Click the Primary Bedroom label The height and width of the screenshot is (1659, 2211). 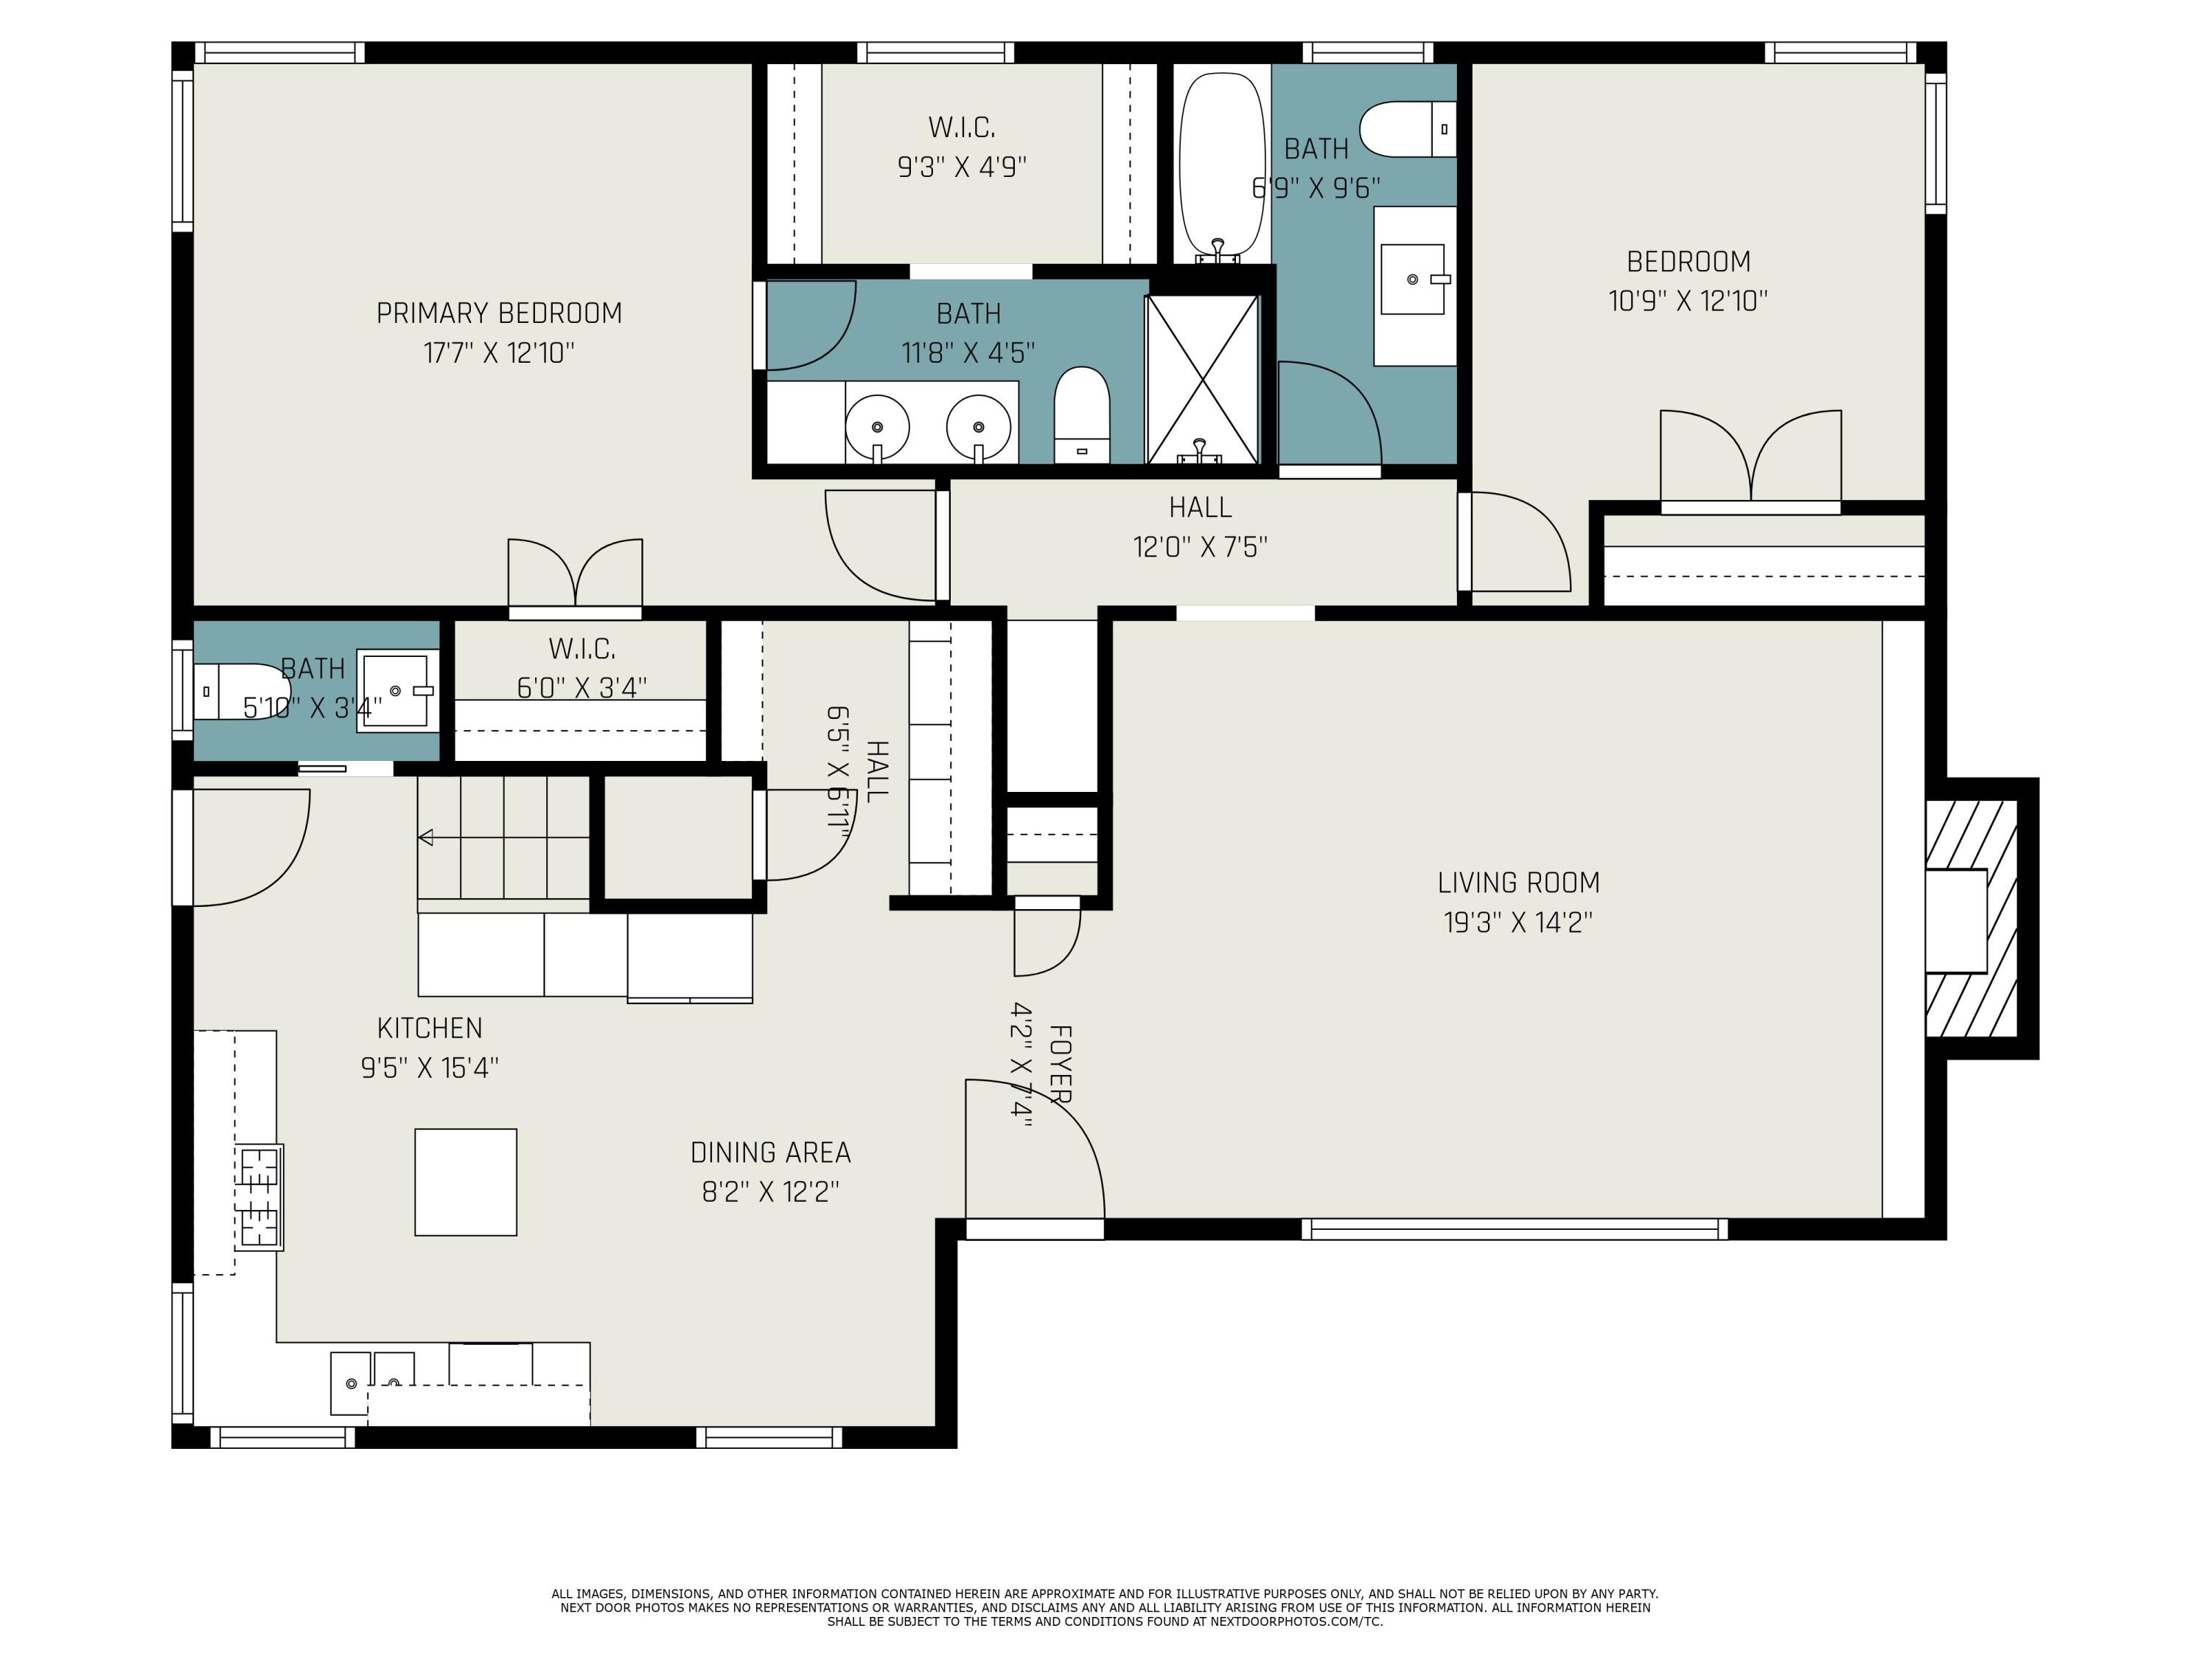coord(499,313)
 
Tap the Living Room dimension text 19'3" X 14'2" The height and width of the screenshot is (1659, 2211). coord(1517,922)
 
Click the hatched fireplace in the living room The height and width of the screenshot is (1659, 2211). coord(1971,918)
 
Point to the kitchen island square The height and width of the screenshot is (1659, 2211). coord(466,1182)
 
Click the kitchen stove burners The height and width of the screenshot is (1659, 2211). coord(259,1197)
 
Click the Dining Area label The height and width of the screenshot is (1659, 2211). coord(771,1153)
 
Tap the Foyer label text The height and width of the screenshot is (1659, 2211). coord(1061,1064)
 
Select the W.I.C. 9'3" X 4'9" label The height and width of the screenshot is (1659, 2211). coord(962,147)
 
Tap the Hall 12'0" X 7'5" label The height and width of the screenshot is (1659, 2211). coord(1201,527)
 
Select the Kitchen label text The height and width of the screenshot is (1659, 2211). coord(430,1028)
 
